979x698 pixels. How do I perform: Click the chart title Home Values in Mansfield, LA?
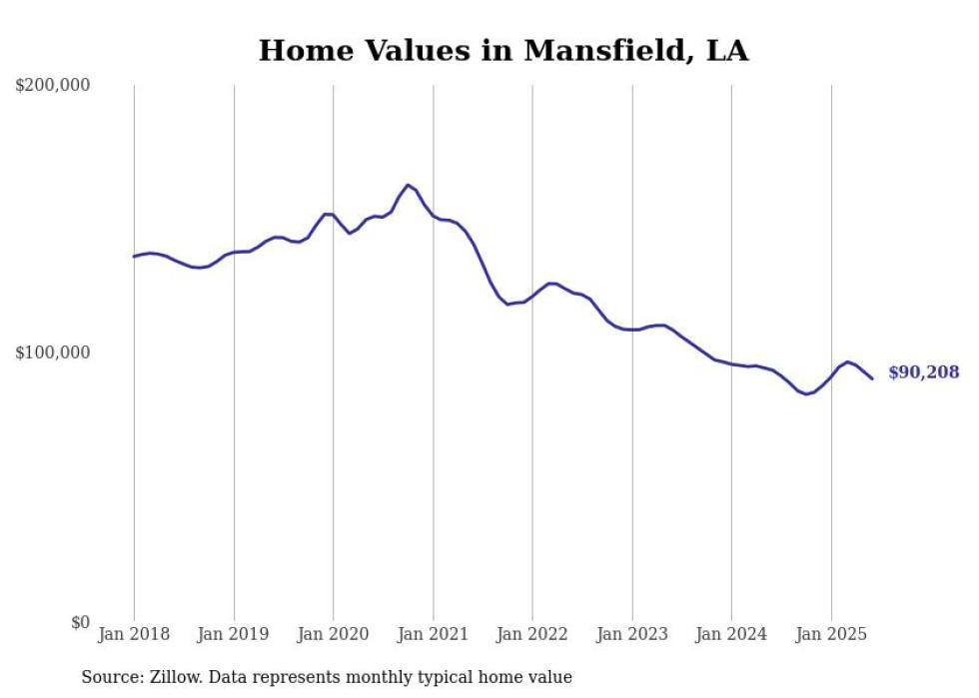[503, 50]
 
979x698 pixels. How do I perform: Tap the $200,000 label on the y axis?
[53, 86]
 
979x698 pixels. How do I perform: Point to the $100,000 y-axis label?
[53, 352]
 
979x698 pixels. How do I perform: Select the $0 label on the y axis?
[79, 622]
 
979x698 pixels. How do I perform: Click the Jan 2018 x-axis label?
[134, 634]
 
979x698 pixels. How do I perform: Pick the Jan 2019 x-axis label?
[234, 634]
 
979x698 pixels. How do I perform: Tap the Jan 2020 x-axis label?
[334, 634]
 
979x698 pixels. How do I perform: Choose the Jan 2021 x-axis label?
[433, 634]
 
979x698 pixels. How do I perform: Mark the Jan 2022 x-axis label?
[532, 634]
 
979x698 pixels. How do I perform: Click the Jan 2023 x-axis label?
[631, 634]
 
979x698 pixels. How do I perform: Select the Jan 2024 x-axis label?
[731, 634]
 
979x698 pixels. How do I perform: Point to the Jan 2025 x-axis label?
[831, 634]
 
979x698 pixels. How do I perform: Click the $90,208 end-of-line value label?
[923, 372]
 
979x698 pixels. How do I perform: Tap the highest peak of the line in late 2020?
[408, 185]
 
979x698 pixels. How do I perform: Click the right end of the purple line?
[872, 378]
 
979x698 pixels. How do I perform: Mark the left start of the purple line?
[134, 257]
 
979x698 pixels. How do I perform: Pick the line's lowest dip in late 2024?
[806, 393]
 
